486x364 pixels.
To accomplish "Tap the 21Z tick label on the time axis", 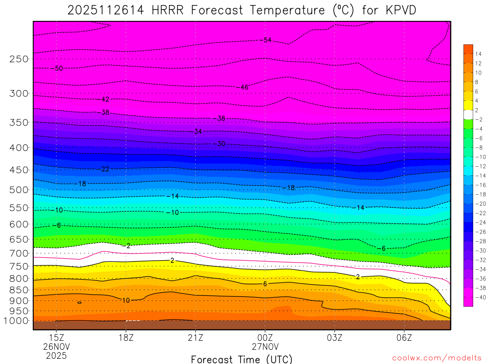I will [195, 338].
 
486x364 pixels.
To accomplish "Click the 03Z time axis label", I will [334, 338].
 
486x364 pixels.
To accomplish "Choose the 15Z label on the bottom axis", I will [56, 338].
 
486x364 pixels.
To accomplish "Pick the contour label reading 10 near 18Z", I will [125, 300].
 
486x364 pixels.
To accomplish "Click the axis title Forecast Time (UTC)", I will [242, 359].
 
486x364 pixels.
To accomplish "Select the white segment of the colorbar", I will [468, 114].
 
